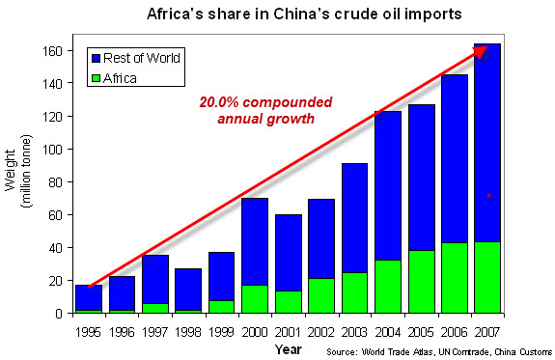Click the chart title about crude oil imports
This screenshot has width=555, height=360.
pos(304,14)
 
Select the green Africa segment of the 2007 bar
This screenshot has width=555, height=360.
pos(487,278)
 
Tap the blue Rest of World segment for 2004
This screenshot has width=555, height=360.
pos(388,186)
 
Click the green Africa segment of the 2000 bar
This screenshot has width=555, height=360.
pos(255,299)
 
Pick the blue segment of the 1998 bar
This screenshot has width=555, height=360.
pos(188,290)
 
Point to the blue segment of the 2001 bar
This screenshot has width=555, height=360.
pos(289,253)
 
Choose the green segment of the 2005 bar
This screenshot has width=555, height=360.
pos(422,282)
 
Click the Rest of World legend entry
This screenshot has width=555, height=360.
pos(136,58)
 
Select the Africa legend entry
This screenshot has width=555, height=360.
pos(114,78)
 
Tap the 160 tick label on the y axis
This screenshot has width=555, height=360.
pos(52,51)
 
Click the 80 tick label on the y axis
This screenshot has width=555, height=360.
pos(56,182)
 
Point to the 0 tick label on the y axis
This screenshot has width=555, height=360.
pos(59,314)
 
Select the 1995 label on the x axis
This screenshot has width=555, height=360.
pos(88,332)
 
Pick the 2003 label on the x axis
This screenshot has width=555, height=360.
pos(354,332)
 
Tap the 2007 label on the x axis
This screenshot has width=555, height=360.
pos(487,332)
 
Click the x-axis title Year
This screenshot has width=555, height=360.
pos(289,349)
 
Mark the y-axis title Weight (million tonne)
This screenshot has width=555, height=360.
pos(18,171)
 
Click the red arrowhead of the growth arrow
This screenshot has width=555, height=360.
pos(482,52)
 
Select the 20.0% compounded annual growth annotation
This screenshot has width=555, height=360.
pos(265,110)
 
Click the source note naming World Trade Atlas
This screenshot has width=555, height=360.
pos(439,352)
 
